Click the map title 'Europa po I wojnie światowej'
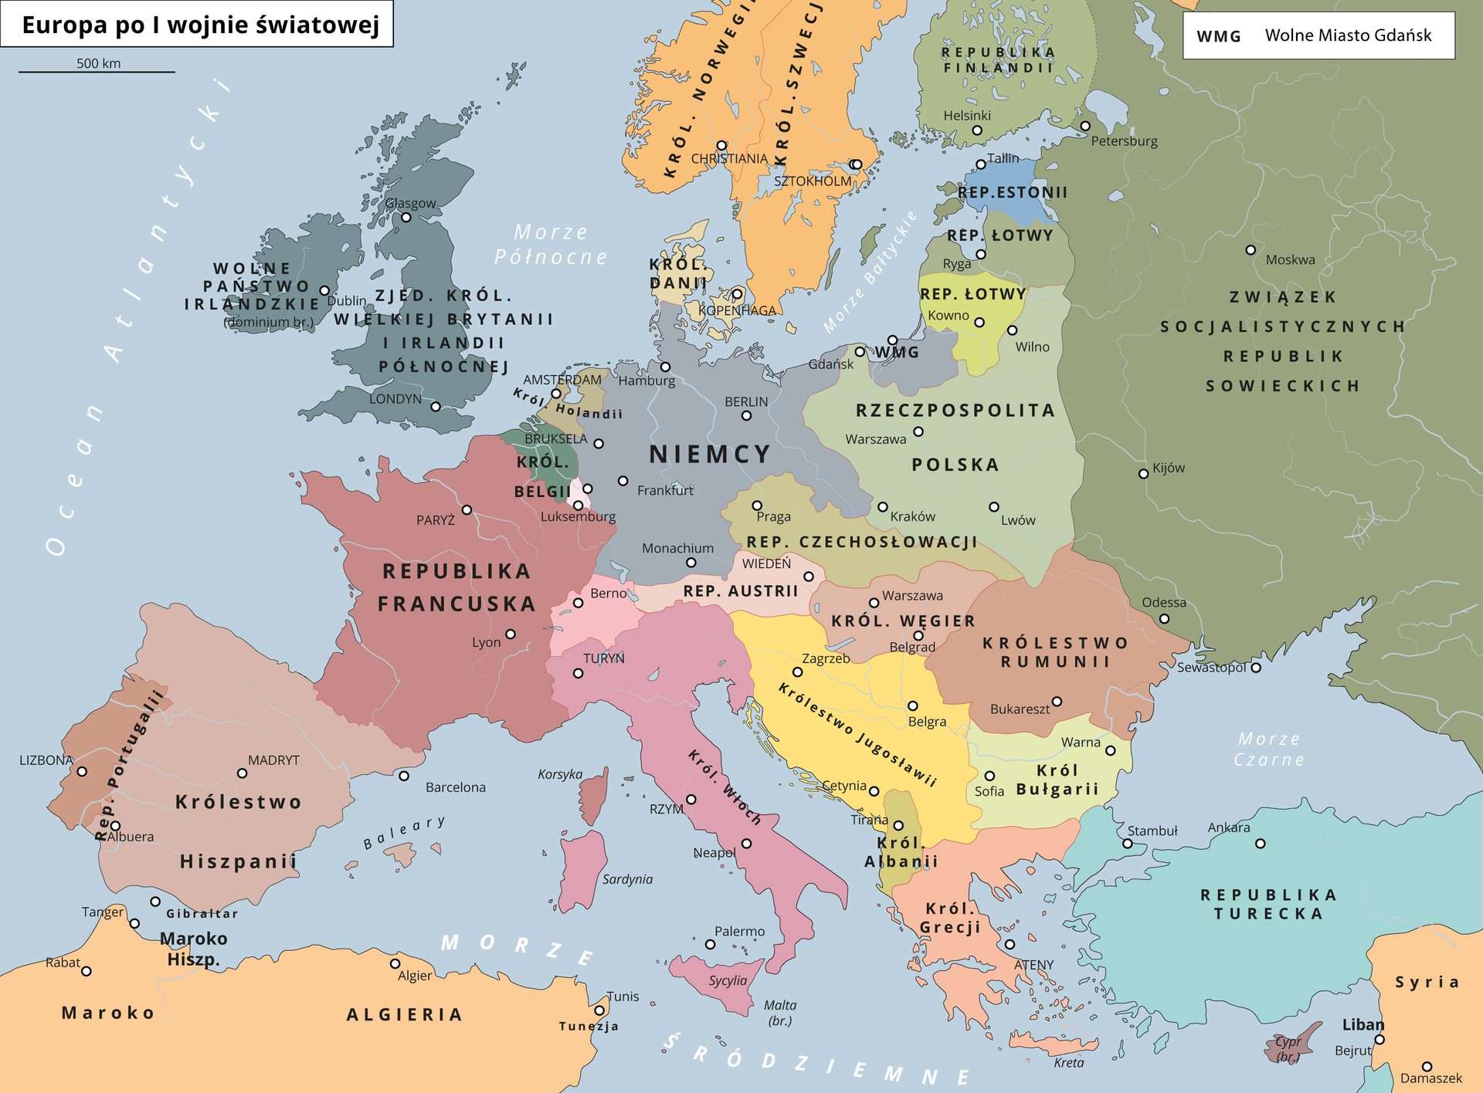coord(200,25)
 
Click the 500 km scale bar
coord(97,71)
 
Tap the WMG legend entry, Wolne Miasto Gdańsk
coord(1318,36)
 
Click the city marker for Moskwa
coord(1251,250)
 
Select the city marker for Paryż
coord(467,510)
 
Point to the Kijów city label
coord(1168,468)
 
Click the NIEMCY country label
coord(710,454)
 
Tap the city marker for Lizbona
coord(82,771)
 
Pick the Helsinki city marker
coord(977,130)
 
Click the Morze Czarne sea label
coord(1269,750)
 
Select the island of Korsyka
coord(593,800)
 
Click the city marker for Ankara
coord(1261,844)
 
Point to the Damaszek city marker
coord(1427,1067)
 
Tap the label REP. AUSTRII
coord(741,591)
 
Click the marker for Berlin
coord(746,415)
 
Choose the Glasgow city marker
coord(406,218)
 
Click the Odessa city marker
coord(1164,618)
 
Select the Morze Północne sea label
coord(551,245)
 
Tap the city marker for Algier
coord(395,963)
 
